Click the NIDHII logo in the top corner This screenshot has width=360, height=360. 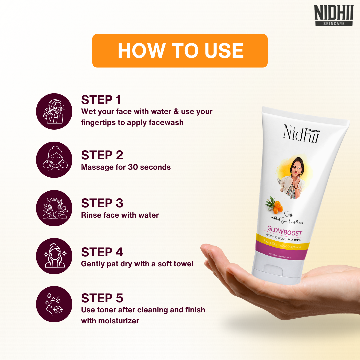tap(334, 15)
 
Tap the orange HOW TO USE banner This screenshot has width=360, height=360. tap(180, 51)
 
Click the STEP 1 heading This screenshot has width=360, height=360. tap(101, 100)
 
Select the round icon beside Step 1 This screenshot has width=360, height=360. tap(54, 111)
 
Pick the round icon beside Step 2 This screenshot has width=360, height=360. tap(54, 160)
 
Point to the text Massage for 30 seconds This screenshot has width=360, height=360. tap(126, 167)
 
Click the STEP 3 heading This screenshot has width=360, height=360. tap(102, 203)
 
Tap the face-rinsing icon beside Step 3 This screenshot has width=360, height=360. tap(54, 208)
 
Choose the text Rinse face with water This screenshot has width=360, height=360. tap(120, 215)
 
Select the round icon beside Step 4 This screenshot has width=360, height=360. tap(54, 256)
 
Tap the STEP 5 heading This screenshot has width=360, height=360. tap(102, 298)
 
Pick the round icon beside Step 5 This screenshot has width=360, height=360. tap(54, 304)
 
